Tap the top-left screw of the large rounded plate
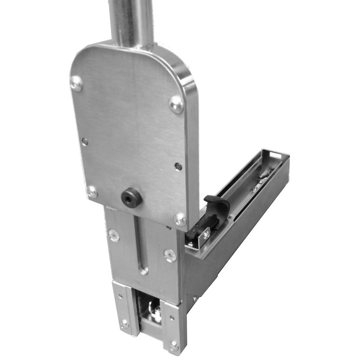click(76, 84)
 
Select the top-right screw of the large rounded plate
click(176, 104)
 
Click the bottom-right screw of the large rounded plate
click(180, 219)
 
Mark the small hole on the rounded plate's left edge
click(85, 141)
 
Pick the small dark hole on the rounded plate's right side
click(178, 166)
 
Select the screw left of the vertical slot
click(114, 235)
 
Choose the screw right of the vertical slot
click(170, 255)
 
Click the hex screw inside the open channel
click(255, 188)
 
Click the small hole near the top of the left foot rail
click(120, 296)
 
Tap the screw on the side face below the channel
click(195, 298)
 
